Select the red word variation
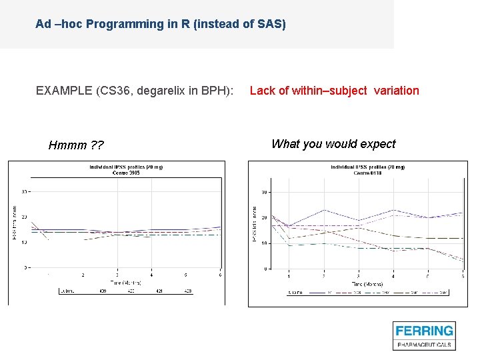(397, 91)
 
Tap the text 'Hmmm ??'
(76, 145)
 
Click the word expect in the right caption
(377, 144)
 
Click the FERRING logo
(424, 331)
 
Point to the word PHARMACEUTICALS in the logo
(424, 345)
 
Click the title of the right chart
(360, 169)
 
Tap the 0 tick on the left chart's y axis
(25, 267)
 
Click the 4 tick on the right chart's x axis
(393, 276)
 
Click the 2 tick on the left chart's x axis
(83, 275)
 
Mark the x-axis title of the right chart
(360, 283)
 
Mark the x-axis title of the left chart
(118, 282)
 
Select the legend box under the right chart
(360, 292)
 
